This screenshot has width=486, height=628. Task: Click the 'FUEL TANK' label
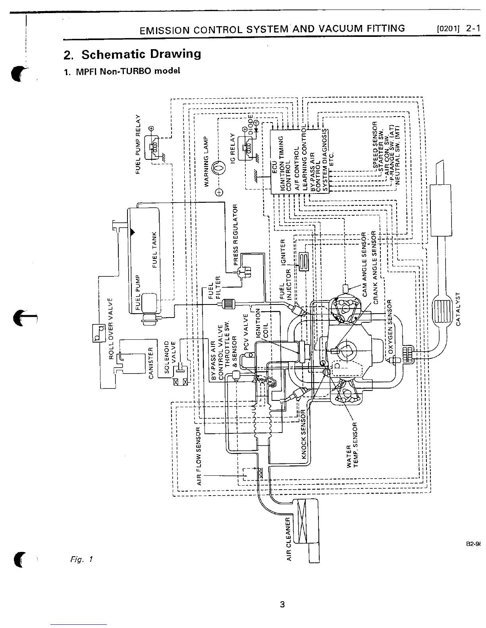click(x=155, y=249)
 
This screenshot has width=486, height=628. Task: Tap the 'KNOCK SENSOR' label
click(x=304, y=434)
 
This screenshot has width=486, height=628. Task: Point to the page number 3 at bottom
click(x=282, y=605)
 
